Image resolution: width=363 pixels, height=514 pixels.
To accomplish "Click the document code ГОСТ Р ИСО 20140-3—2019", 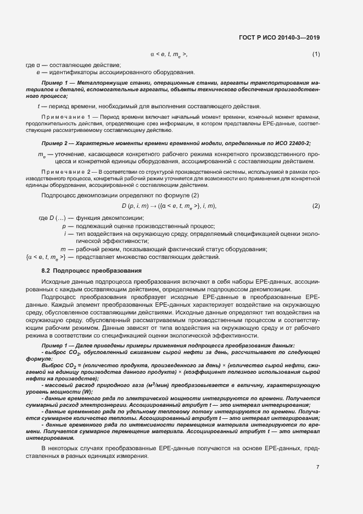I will click(x=279, y=38).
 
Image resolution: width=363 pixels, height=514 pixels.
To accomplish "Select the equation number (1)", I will click(x=316, y=54).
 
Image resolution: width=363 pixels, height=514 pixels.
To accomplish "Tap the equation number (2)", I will click(x=316, y=206).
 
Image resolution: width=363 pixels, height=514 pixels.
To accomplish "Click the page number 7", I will click(x=317, y=467).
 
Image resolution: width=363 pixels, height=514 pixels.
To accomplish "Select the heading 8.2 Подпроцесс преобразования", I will click(x=92, y=270).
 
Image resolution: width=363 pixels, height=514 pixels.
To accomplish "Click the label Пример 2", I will click(x=54, y=143).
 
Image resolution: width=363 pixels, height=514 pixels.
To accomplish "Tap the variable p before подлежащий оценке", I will click(x=64, y=226).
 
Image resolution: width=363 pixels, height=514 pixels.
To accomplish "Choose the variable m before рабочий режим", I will click(x=63, y=249).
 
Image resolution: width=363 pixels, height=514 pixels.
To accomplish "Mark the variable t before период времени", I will click(x=38, y=106).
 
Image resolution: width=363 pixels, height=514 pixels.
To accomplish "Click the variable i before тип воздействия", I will click(x=65, y=234).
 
